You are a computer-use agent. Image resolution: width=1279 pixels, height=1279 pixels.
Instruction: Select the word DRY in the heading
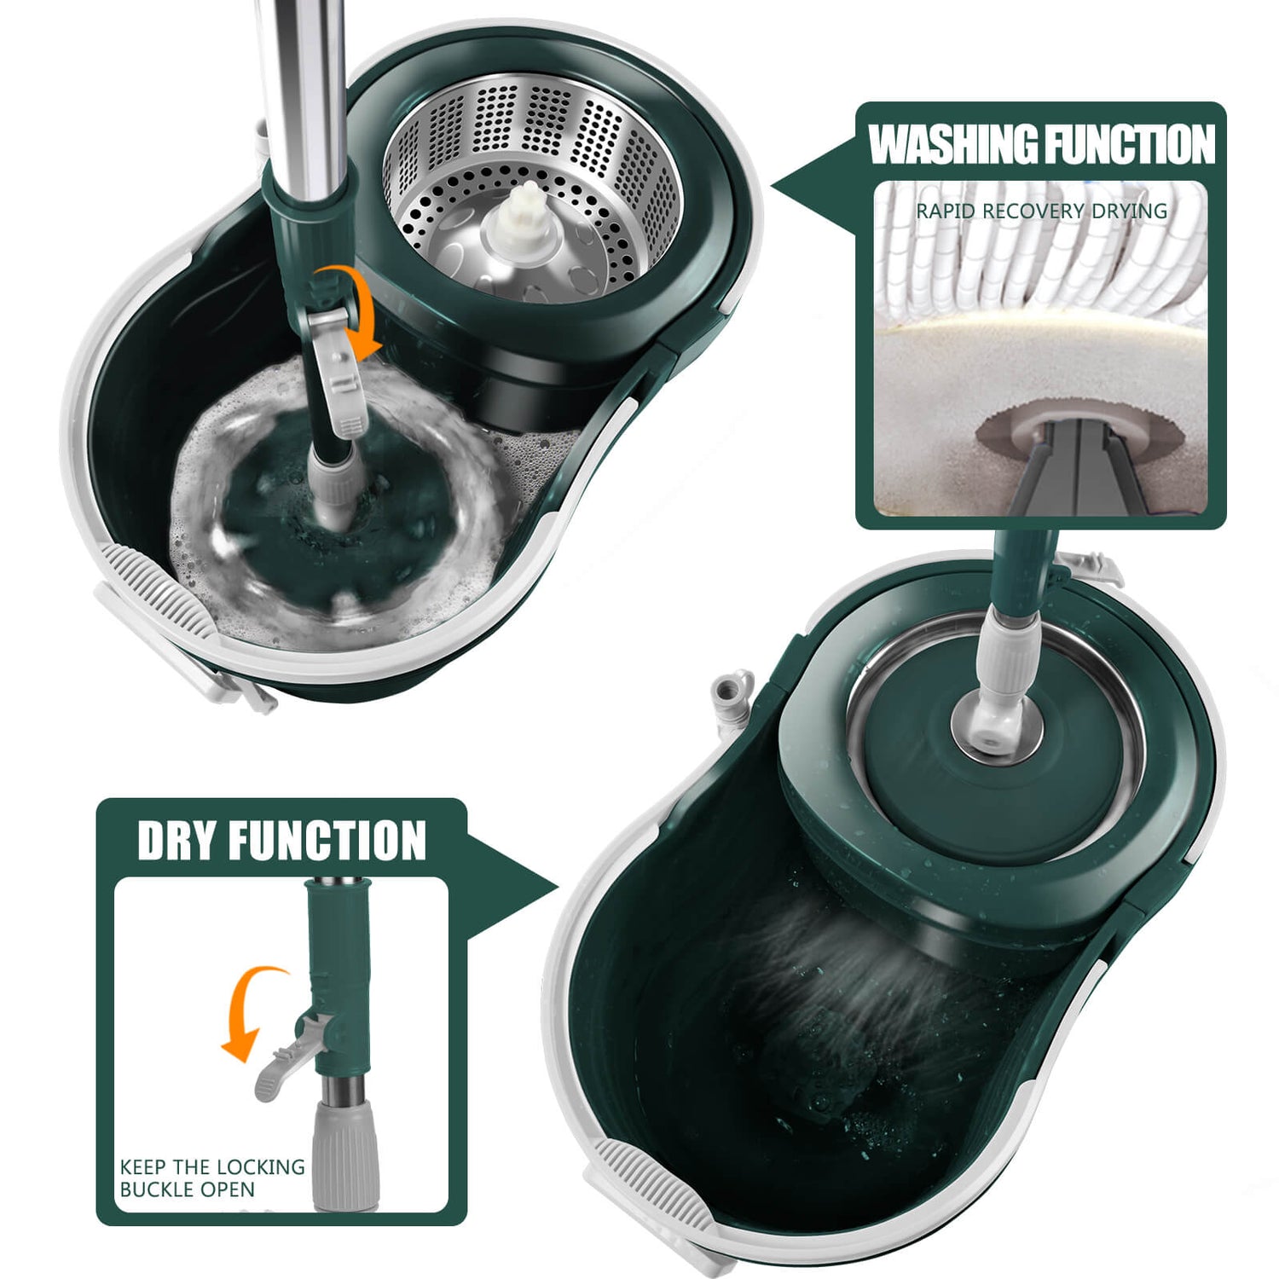pos(177,841)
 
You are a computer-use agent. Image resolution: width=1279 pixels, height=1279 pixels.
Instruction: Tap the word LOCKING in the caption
pos(265,1167)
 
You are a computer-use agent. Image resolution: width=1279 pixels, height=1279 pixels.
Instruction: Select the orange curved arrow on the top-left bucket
pos(351,307)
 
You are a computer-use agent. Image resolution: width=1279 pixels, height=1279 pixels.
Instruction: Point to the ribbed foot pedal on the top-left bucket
pos(153,588)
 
